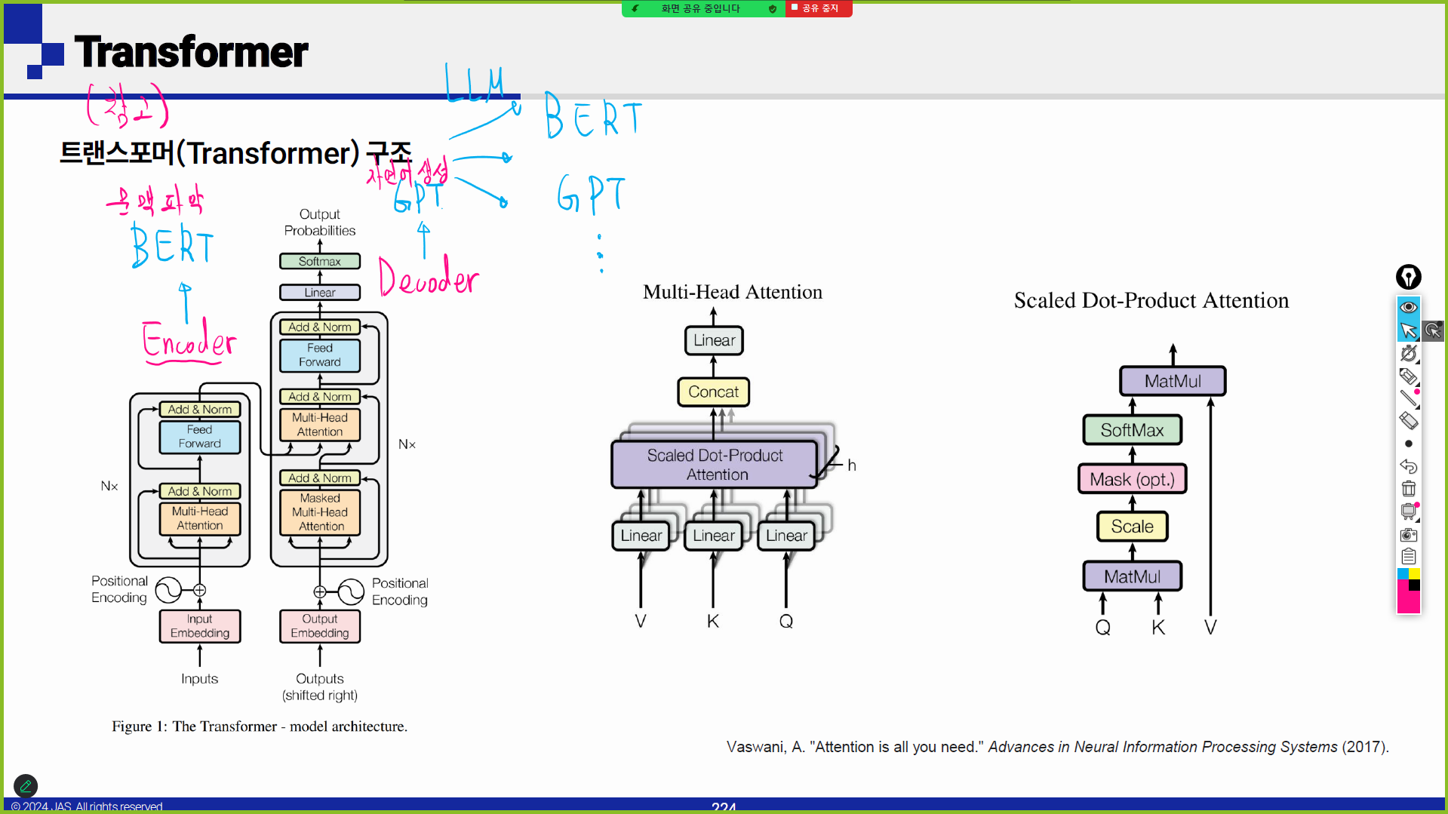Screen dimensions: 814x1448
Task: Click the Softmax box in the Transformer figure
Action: [x=319, y=262]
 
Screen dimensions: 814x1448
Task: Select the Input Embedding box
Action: [x=200, y=626]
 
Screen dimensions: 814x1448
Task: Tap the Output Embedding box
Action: [x=320, y=626]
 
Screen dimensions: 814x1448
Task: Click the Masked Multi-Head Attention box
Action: [x=320, y=512]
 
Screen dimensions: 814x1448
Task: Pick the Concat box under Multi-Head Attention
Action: [x=713, y=392]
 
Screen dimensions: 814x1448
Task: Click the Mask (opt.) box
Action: [x=1132, y=480]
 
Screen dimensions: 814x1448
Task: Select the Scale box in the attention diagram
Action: [x=1132, y=527]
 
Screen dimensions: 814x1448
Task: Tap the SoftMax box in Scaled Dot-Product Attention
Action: [x=1132, y=431]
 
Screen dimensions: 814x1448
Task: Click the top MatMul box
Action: [x=1173, y=382]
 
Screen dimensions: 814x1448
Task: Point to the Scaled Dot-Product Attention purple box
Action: [x=715, y=465]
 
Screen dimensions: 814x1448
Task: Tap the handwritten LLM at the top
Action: [x=474, y=84]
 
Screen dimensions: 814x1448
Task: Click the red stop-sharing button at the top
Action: [x=819, y=8]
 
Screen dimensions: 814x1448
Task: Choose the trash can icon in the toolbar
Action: [x=1408, y=489]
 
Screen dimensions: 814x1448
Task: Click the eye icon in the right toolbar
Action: [x=1408, y=308]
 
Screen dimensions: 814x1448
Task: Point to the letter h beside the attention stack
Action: [x=852, y=465]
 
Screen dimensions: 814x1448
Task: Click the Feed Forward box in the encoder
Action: [x=200, y=437]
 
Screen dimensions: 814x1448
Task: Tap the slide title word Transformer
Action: [x=192, y=52]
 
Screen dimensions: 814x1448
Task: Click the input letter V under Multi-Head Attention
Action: [x=641, y=622]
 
